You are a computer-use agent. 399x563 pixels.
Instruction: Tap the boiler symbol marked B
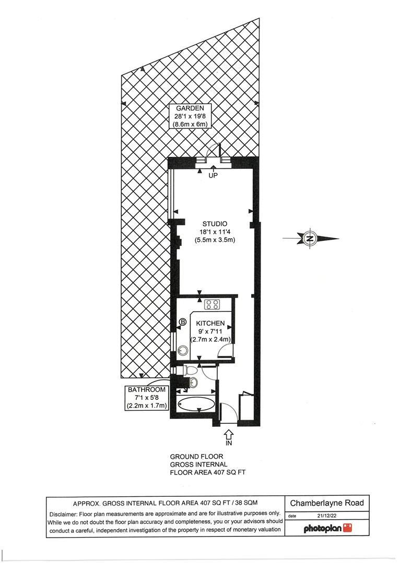click(183, 323)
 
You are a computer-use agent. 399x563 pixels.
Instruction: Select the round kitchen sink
click(183, 350)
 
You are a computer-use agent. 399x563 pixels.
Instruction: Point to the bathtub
click(196, 404)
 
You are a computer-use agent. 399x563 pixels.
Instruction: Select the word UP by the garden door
click(213, 176)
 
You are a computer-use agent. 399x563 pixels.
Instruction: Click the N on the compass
click(310, 239)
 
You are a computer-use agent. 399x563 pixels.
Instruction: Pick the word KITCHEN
click(211, 323)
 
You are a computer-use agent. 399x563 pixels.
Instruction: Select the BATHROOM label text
click(147, 389)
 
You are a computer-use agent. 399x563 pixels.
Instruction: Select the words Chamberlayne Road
click(327, 503)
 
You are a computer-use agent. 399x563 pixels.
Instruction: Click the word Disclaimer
click(66, 513)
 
